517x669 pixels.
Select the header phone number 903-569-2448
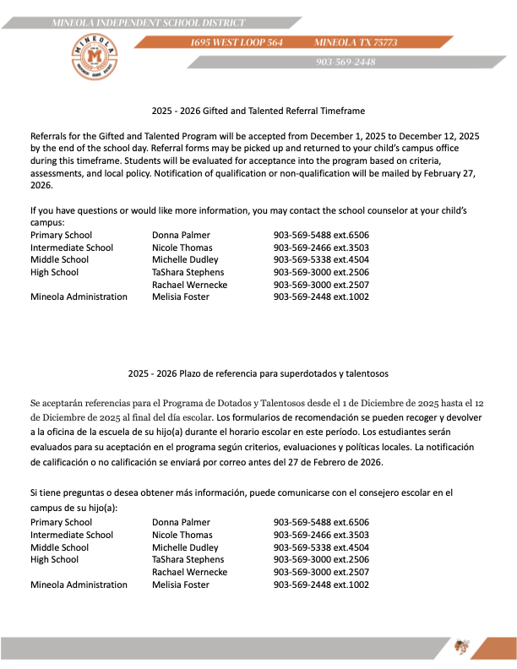point(346,62)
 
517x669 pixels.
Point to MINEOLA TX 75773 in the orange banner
point(356,42)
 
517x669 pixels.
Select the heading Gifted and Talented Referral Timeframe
point(258,111)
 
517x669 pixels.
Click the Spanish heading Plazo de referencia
point(258,372)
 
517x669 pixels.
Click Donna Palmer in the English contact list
point(181,235)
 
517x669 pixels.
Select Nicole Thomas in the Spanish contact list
point(183,535)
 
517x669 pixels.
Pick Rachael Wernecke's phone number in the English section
point(321,285)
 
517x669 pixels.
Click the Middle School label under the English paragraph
point(59,259)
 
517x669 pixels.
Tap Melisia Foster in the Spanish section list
point(181,585)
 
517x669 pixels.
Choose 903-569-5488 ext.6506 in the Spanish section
point(321,522)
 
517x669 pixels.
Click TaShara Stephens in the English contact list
point(188,272)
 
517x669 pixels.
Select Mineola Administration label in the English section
point(79,296)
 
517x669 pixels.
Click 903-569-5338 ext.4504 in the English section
point(321,259)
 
